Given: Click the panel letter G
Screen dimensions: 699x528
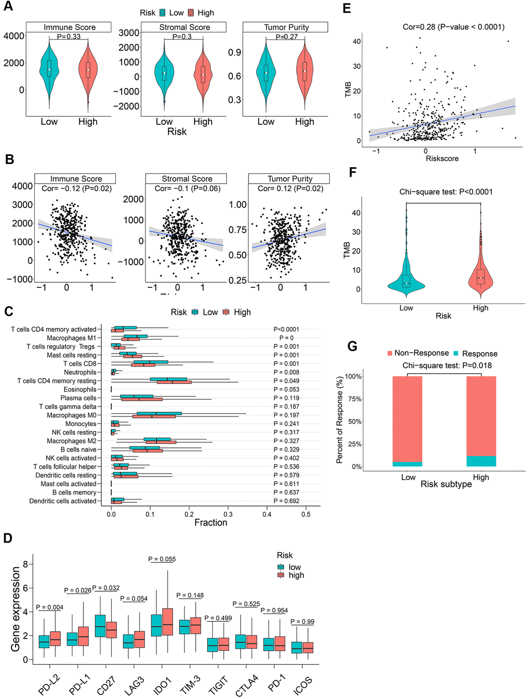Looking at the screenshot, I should point(353,346).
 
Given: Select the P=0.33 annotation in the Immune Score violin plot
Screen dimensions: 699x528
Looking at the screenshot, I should point(68,37).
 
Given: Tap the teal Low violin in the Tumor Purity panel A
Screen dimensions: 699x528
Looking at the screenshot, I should point(266,72).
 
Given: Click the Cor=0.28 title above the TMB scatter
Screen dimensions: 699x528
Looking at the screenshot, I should point(453,27).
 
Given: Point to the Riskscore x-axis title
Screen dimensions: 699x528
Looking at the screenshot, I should point(442,158).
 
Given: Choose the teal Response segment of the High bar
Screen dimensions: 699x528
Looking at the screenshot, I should point(481,461).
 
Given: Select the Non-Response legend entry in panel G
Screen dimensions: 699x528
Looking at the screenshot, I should point(418,353).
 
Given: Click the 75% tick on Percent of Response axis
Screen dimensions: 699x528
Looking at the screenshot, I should point(354,399).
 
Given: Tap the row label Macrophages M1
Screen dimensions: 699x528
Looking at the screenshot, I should point(71,338).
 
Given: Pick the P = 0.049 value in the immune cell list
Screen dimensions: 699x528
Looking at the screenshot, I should point(286,381).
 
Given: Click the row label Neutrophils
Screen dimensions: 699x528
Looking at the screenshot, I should point(80,372).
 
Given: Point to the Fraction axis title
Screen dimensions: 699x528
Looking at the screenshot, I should point(211,522).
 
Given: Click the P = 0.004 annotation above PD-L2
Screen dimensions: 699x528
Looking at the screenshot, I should point(50,607).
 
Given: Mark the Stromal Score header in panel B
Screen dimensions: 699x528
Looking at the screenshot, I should point(187,179).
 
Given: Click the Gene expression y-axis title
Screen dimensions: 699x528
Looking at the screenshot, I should point(16,609).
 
